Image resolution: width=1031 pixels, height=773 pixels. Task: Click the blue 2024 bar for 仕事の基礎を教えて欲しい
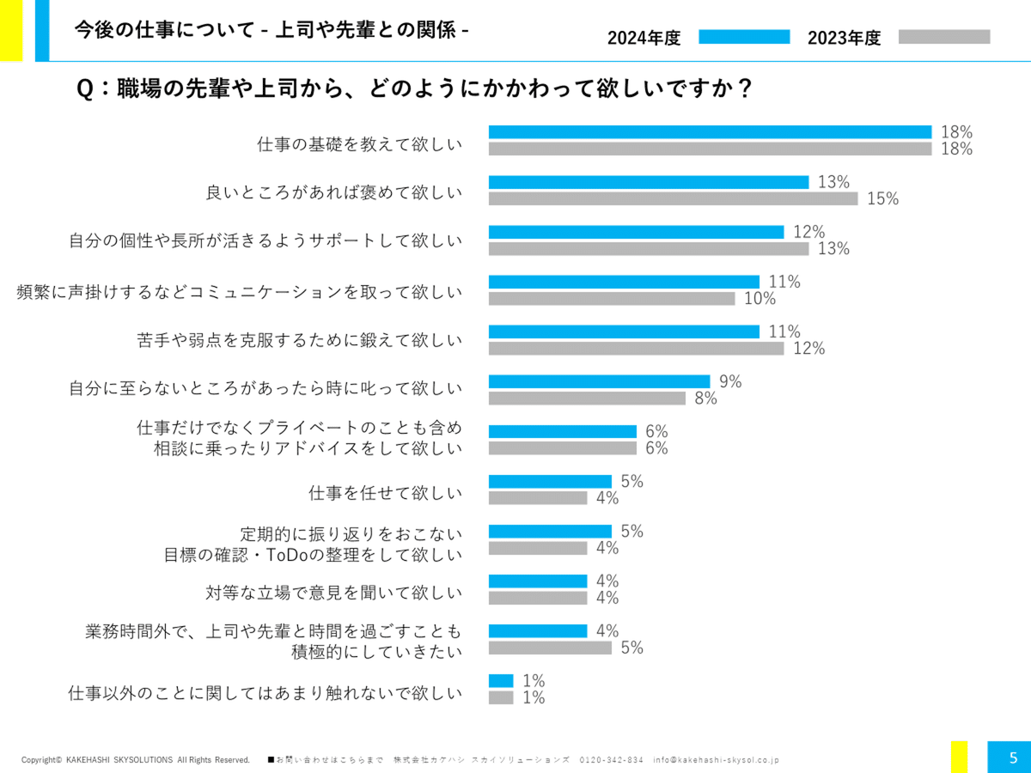tap(710, 132)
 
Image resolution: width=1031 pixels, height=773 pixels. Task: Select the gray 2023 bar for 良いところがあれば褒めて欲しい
tap(673, 198)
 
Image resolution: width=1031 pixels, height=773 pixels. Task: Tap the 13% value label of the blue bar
tap(833, 182)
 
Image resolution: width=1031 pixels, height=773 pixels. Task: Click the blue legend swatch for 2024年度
tap(743, 37)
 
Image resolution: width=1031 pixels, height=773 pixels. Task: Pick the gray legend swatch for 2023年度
tap(943, 37)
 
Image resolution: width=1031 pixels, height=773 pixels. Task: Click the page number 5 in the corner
tap(1013, 758)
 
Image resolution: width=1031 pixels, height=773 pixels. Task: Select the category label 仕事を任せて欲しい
tap(385, 493)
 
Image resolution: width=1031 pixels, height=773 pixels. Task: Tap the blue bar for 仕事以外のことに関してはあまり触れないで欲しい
tap(501, 680)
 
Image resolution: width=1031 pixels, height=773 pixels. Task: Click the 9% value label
tap(730, 381)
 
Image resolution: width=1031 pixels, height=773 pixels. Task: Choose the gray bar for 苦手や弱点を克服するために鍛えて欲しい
tap(636, 348)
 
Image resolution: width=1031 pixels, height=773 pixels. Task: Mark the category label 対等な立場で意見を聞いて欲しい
tap(333, 593)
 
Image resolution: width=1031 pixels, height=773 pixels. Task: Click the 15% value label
tap(882, 199)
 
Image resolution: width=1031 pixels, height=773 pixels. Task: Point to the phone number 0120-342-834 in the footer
tap(611, 760)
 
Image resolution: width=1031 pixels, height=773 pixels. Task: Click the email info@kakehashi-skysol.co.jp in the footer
tap(716, 760)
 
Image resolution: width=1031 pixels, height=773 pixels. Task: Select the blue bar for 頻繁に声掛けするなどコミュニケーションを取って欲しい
tap(624, 282)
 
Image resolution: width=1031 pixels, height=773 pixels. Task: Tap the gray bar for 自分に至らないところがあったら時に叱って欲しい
tap(587, 398)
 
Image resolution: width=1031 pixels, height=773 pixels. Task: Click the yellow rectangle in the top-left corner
tap(10, 30)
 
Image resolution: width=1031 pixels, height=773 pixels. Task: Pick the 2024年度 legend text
tap(644, 38)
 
